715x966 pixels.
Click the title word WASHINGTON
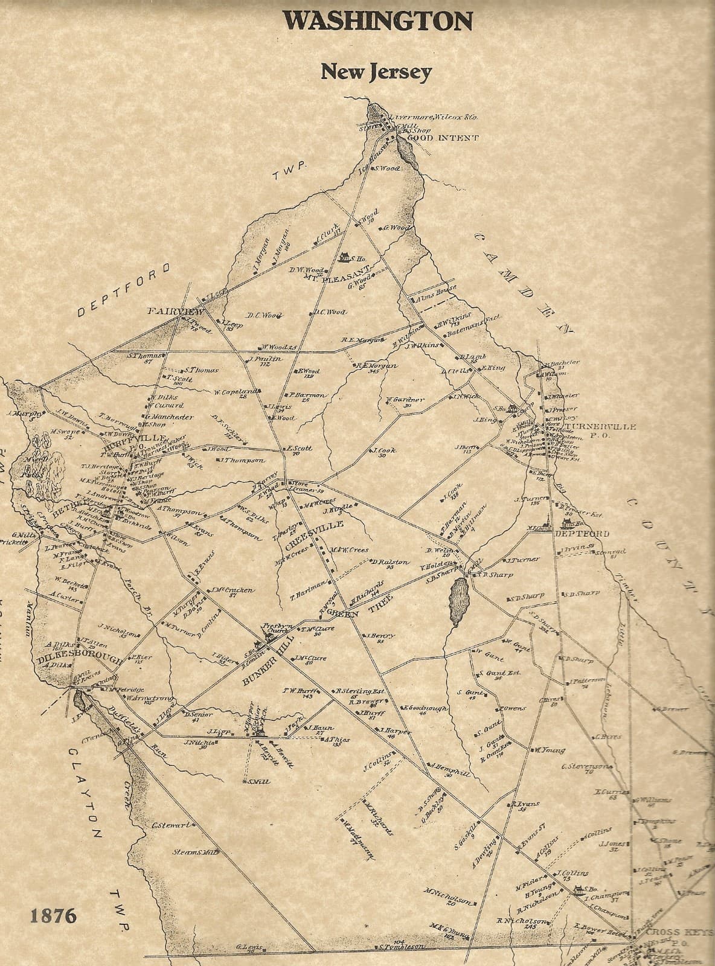point(378,22)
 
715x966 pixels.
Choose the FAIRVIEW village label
point(175,312)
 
